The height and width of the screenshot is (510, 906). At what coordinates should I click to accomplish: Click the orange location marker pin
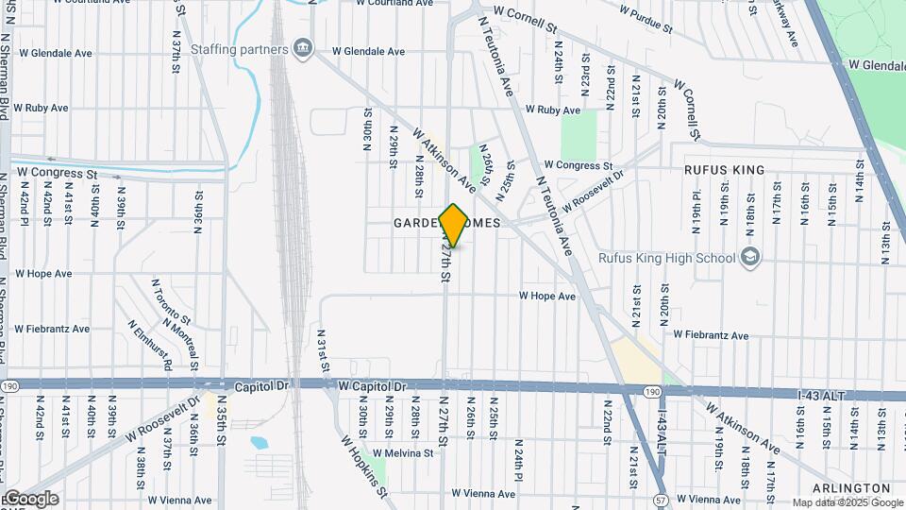point(454,225)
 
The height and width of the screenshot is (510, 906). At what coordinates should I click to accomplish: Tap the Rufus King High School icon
point(750,257)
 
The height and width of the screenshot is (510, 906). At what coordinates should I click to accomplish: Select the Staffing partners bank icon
point(302,49)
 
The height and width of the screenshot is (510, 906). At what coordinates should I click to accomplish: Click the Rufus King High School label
point(666,257)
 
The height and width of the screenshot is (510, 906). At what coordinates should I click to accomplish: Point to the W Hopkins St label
point(364,465)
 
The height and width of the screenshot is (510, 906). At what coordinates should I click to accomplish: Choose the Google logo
point(30,499)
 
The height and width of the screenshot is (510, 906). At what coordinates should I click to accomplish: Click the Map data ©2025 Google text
point(847,502)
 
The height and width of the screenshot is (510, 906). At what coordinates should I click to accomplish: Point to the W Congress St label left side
point(58,174)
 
